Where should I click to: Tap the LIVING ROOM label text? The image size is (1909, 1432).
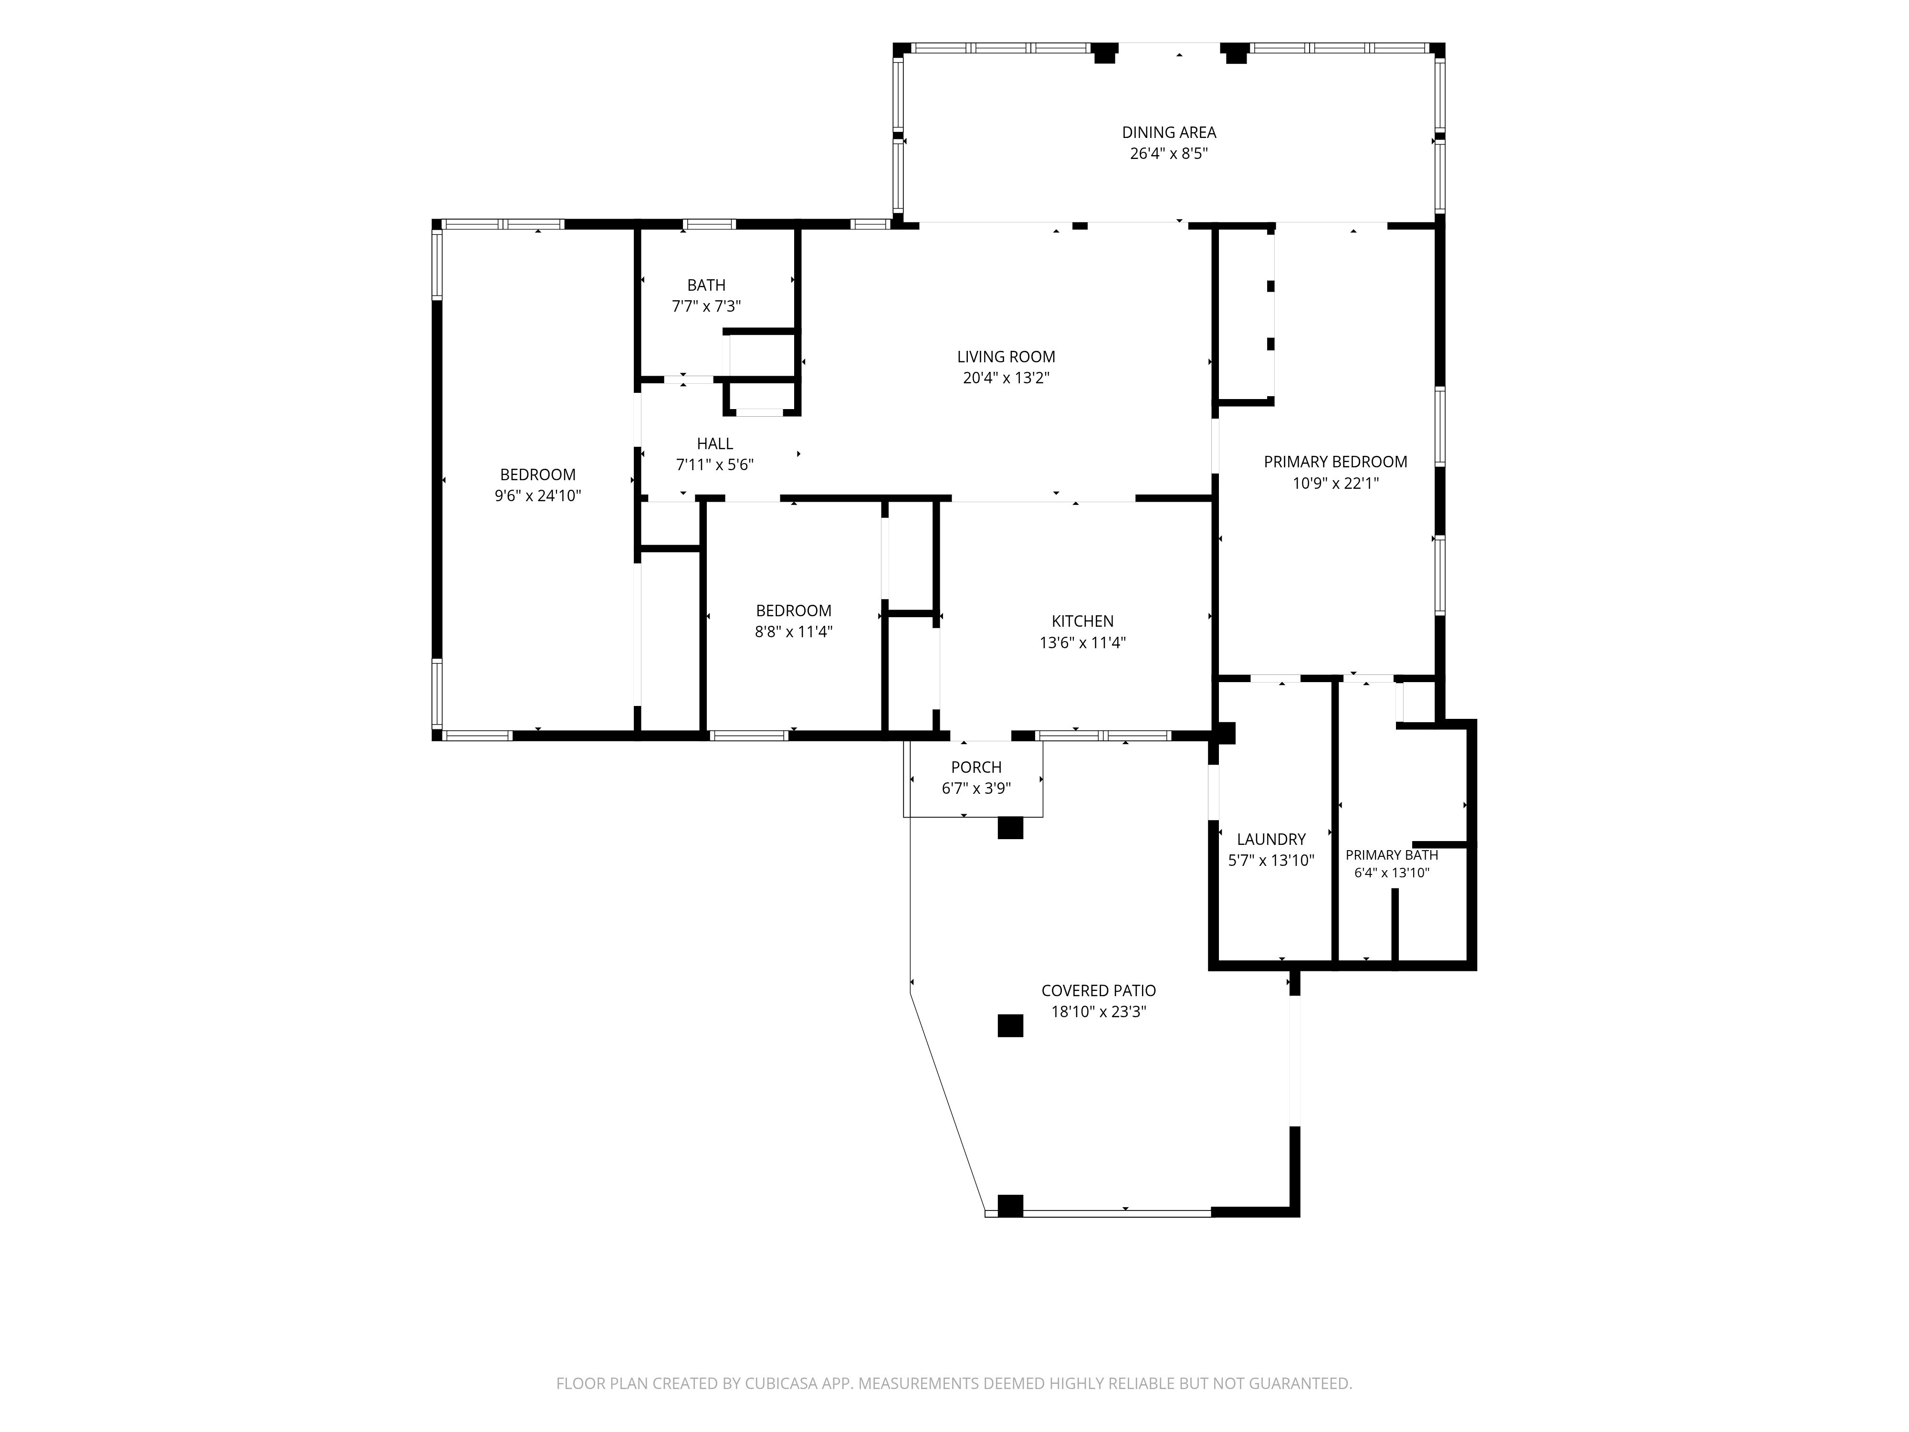pos(1006,357)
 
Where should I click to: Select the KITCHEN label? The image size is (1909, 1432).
pos(1082,621)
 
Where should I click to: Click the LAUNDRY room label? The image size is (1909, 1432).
pos(1271,839)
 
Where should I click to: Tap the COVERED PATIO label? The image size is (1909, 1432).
pos(1099,991)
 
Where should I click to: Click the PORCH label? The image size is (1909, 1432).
pos(976,768)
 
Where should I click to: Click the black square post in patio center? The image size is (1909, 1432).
pos(1011,1025)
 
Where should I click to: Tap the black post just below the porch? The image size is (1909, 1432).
pos(1011,827)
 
